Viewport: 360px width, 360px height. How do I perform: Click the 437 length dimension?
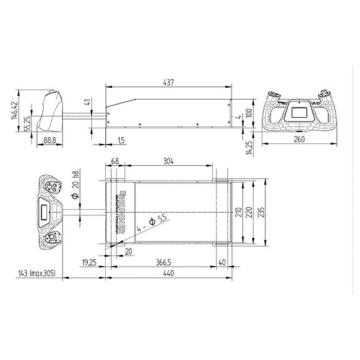pos(168,82)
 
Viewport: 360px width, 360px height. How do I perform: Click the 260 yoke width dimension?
pos(299,140)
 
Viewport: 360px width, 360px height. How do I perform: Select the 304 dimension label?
pos(168,161)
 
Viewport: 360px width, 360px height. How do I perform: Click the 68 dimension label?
pos(114,161)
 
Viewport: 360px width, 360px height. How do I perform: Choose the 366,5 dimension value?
pos(164,262)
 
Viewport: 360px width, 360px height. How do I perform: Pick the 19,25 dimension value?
pos(89,262)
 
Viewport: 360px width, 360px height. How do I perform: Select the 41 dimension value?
pos(88,102)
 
